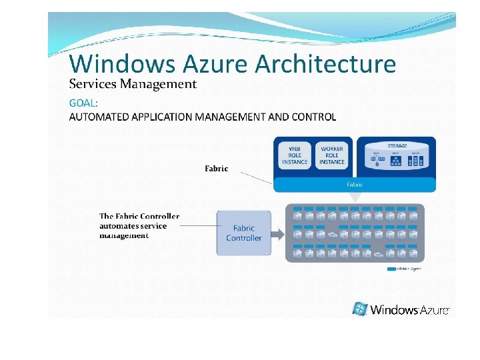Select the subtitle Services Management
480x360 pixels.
point(133,84)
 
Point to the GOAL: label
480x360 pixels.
point(83,103)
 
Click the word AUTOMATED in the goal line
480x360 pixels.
point(99,117)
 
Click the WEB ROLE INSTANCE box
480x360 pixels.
point(294,155)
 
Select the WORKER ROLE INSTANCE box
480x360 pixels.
point(331,155)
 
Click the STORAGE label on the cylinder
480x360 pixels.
point(397,145)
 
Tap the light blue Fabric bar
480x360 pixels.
point(354,184)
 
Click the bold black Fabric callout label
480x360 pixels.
point(216,169)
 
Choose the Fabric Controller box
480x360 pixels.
point(243,233)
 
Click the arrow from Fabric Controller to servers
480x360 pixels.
point(279,233)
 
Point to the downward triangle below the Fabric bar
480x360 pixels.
point(355,197)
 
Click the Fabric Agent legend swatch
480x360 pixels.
point(391,269)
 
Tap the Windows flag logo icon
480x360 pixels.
point(360,309)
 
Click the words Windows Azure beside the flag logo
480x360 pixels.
point(409,309)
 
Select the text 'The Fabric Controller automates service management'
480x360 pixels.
point(139,225)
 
